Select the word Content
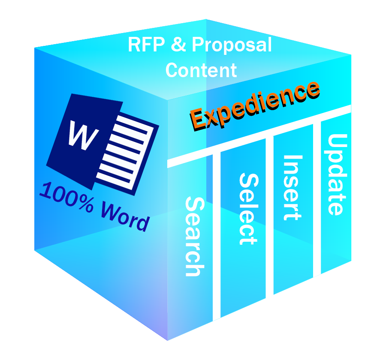[201, 70]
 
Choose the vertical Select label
[247, 209]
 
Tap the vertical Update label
[337, 174]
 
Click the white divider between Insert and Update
[317, 197]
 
